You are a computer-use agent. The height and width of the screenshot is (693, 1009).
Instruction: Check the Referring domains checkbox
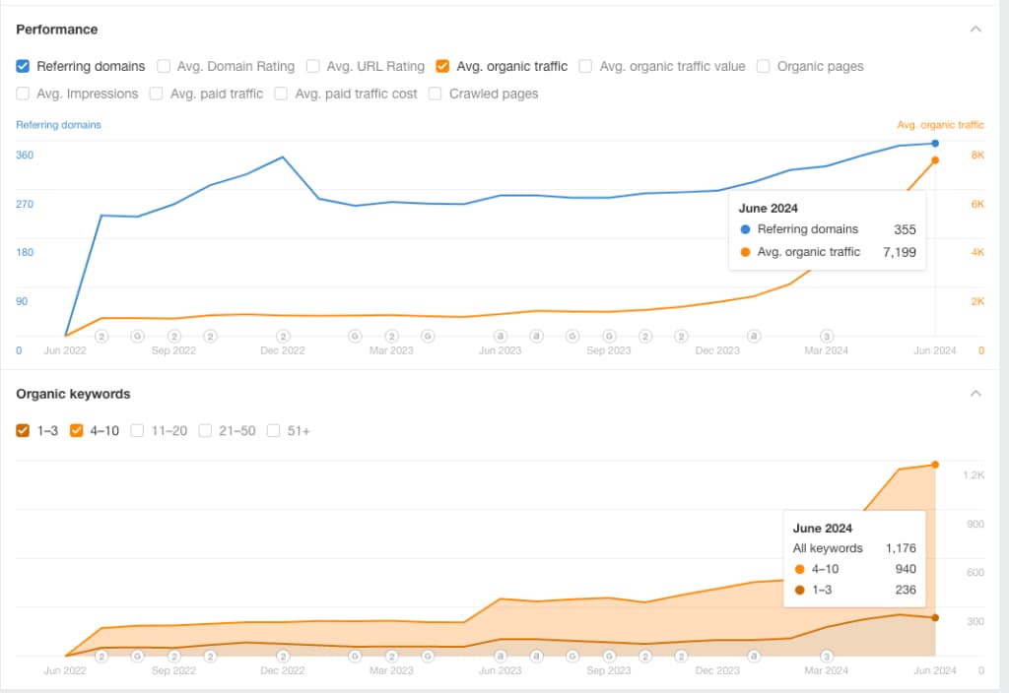pyautogui.click(x=23, y=66)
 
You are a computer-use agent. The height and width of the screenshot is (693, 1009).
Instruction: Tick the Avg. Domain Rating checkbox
pyautogui.click(x=164, y=66)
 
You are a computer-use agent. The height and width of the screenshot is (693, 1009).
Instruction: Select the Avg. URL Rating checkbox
pyautogui.click(x=313, y=66)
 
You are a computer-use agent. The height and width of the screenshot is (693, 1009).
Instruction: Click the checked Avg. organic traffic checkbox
pyautogui.click(x=442, y=66)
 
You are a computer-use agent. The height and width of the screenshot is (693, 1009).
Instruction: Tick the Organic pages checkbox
pyautogui.click(x=764, y=66)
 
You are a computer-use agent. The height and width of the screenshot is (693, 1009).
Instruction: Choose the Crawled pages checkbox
pyautogui.click(x=436, y=94)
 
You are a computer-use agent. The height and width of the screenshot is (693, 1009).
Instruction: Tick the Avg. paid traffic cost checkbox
pyautogui.click(x=281, y=94)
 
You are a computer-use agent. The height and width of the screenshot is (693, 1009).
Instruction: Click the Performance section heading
pyautogui.click(x=57, y=30)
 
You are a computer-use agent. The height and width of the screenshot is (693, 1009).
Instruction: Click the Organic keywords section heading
pyautogui.click(x=73, y=394)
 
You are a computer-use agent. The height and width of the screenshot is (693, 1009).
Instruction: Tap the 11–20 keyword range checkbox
pyautogui.click(x=138, y=430)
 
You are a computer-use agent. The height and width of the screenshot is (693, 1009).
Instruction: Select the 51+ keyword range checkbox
pyautogui.click(x=273, y=430)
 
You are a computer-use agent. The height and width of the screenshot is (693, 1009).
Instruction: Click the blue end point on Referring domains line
pyautogui.click(x=934, y=144)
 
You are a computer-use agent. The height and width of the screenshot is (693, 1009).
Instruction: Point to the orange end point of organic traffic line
pyautogui.click(x=934, y=160)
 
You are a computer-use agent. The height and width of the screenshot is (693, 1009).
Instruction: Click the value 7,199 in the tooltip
pyautogui.click(x=898, y=252)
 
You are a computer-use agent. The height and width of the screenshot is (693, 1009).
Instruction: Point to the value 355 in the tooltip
pyautogui.click(x=905, y=229)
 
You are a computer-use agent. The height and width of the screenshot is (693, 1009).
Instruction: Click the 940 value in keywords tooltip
pyautogui.click(x=905, y=569)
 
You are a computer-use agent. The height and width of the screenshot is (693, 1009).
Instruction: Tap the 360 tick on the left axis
pyautogui.click(x=25, y=156)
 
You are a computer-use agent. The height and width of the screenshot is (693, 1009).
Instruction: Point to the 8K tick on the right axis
pyautogui.click(x=977, y=156)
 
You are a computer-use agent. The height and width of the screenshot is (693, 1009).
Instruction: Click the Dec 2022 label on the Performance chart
pyautogui.click(x=283, y=350)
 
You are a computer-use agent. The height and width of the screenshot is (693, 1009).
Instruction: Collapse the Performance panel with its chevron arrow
pyautogui.click(x=975, y=30)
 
